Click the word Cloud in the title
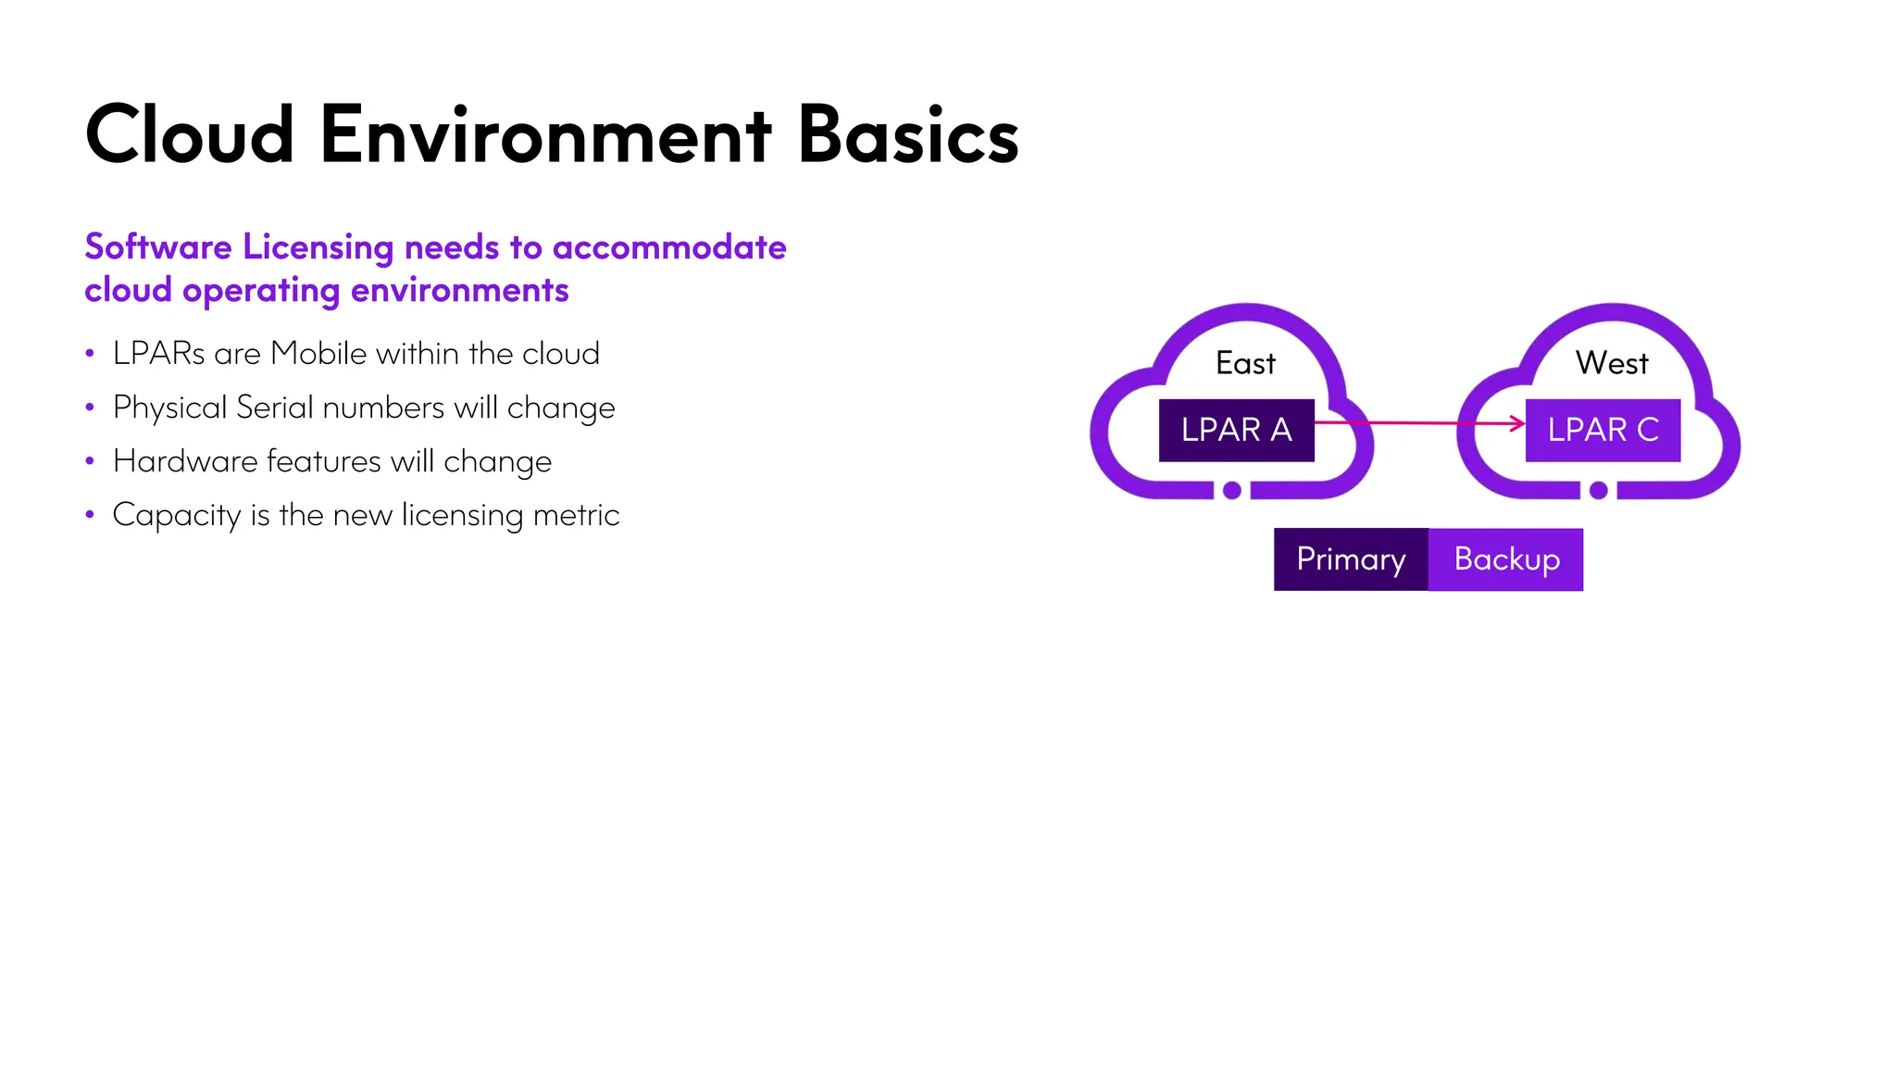click(x=190, y=136)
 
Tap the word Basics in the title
click(x=908, y=136)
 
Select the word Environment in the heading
click(x=545, y=136)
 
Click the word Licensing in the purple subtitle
click(x=318, y=248)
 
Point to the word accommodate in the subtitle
click(x=668, y=247)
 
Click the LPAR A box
click(x=1236, y=430)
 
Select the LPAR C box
click(x=1603, y=430)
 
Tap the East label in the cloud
click(x=1245, y=363)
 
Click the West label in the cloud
click(x=1612, y=363)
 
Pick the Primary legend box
click(x=1351, y=559)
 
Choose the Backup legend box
click(x=1506, y=559)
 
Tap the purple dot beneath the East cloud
click(x=1232, y=490)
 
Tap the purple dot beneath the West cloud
click(x=1599, y=490)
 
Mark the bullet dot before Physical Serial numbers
click(x=90, y=408)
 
